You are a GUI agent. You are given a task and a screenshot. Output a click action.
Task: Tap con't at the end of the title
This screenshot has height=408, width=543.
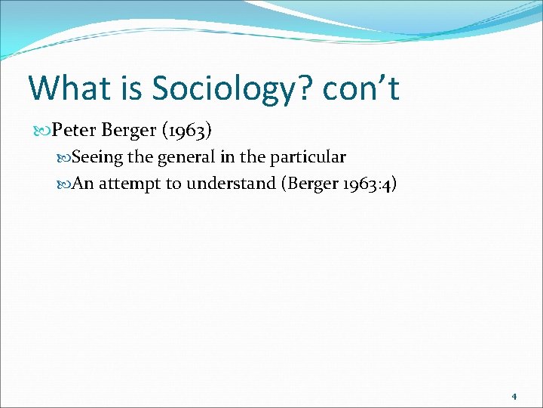coord(360,88)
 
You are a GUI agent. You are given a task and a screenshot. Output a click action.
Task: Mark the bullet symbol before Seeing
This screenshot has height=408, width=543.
coord(64,158)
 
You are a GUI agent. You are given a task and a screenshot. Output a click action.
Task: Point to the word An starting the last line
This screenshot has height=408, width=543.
coord(83,184)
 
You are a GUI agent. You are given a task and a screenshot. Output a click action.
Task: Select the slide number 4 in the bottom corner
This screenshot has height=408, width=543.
coord(514,396)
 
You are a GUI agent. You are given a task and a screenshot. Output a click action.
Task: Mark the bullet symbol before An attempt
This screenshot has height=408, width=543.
coord(64,184)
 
